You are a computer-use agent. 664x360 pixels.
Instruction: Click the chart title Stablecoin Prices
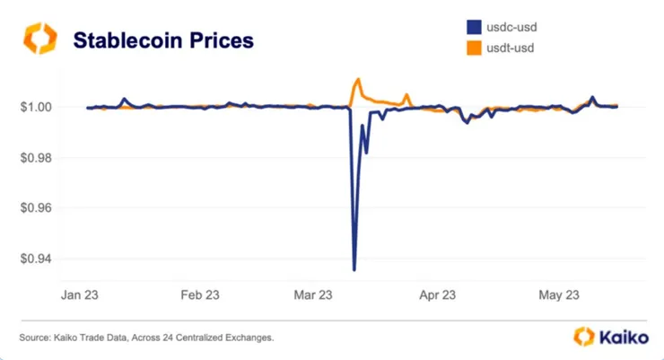pos(162,40)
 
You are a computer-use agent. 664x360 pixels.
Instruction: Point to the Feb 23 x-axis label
pos(200,294)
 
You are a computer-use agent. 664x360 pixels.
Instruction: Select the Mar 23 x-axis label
pos(312,294)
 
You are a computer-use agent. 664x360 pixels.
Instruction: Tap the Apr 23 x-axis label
pos(437,294)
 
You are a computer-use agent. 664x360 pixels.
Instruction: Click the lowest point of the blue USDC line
pos(354,269)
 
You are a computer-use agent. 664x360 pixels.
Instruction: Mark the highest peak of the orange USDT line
pos(358,79)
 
